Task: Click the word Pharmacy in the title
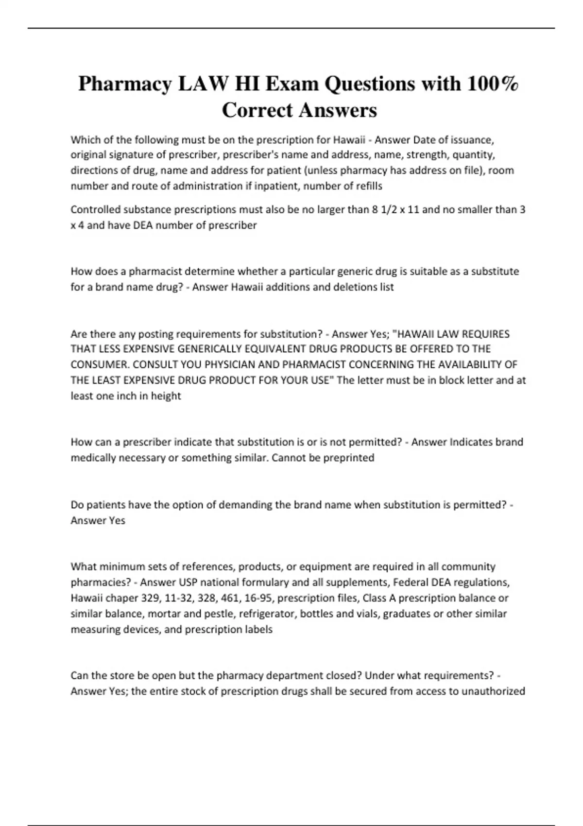coord(125,85)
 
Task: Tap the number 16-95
coord(258,598)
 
